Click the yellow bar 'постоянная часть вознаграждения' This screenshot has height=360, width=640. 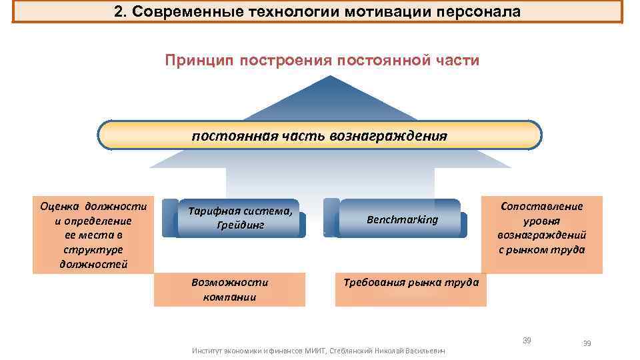tap(319, 135)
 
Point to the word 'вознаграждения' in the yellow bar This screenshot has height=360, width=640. tap(388, 136)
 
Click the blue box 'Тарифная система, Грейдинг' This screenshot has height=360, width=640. tap(241, 218)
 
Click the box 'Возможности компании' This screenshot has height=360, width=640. tap(229, 289)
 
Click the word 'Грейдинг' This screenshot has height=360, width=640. tap(241, 225)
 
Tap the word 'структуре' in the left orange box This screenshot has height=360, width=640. tap(93, 249)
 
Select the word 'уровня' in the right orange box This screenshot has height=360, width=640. tap(541, 221)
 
